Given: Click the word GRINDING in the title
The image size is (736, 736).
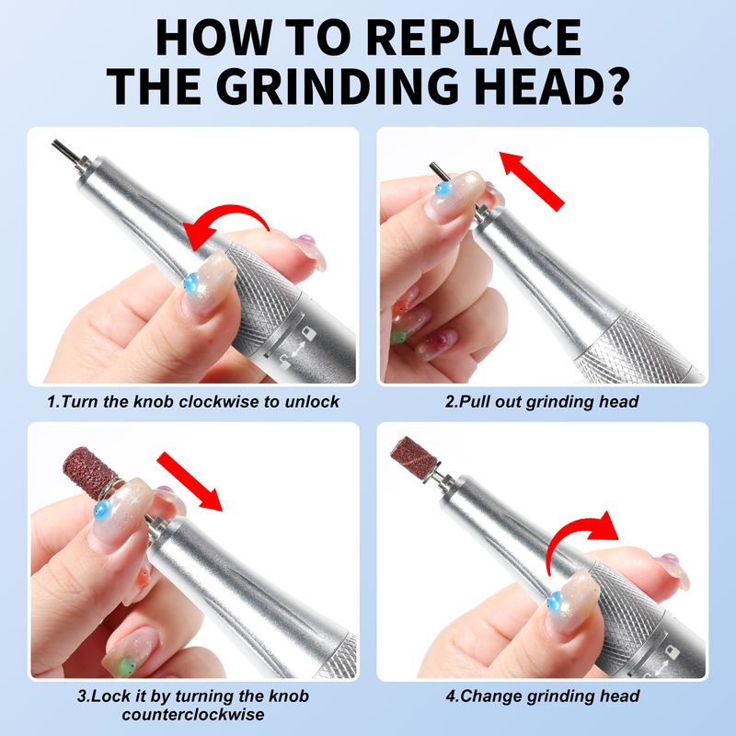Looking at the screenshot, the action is pos(336,86).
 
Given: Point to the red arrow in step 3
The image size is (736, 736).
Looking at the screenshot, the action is pos(190,481).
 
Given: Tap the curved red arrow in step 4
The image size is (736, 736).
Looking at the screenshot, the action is pos(582,540).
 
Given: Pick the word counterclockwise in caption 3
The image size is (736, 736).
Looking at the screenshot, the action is pos(193,715).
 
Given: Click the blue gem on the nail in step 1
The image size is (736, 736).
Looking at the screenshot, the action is pos(192,283).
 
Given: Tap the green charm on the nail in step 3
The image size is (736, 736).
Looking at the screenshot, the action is pos(127,665).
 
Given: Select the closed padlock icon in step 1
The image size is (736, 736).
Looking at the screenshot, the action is pos(307,333).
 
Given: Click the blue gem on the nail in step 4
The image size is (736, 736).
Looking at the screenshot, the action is pos(557,601).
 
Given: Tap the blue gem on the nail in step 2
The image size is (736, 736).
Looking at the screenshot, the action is pos(443,190).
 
